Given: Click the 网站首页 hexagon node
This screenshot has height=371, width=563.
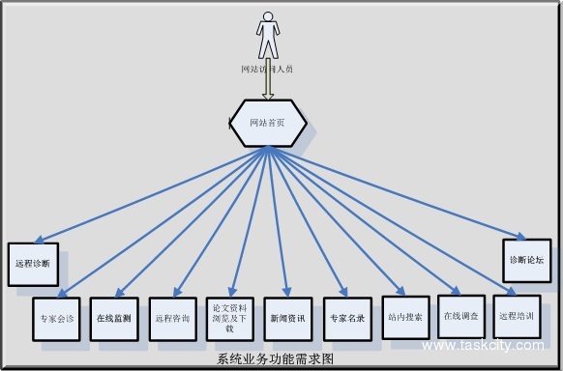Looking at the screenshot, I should [x=268, y=123].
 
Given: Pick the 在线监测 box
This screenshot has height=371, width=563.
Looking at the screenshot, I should [x=114, y=317].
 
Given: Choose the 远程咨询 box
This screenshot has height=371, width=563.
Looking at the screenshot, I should [x=172, y=317].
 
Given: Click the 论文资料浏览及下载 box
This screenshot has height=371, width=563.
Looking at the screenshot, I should [x=229, y=317].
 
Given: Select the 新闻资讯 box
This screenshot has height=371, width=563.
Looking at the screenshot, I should [x=286, y=317].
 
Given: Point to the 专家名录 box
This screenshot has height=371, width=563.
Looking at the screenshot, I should [x=346, y=317].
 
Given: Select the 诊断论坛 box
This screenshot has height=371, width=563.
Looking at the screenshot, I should [x=526, y=260].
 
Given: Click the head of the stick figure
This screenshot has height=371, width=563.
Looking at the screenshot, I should [x=268, y=17].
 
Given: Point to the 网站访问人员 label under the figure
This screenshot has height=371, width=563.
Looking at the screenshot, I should [x=267, y=70].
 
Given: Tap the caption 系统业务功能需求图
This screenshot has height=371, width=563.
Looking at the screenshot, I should [x=276, y=359].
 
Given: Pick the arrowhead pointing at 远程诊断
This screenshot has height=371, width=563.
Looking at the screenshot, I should [x=37, y=241].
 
